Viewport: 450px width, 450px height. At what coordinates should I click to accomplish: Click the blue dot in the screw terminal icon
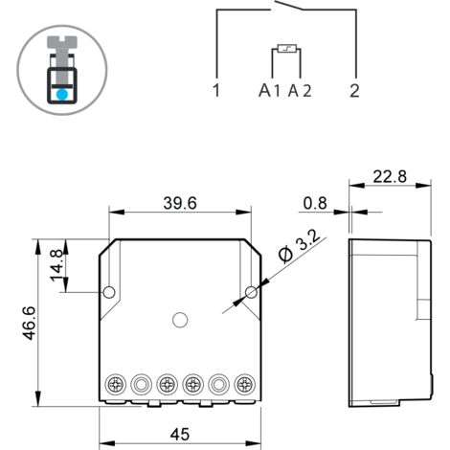pyautogui.click(x=60, y=96)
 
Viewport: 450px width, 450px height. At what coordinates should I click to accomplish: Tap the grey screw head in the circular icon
pyautogui.click(x=60, y=45)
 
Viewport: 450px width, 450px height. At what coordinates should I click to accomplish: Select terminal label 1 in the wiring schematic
pyautogui.click(x=217, y=91)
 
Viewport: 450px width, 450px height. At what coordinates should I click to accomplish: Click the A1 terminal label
pyautogui.click(x=269, y=91)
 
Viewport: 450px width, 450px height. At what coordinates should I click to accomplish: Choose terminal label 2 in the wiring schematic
pyautogui.click(x=354, y=91)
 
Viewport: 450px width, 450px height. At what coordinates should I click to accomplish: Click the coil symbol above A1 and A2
pyautogui.click(x=286, y=49)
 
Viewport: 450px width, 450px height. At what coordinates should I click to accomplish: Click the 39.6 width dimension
pyautogui.click(x=180, y=203)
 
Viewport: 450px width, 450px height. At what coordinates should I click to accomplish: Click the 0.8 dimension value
pyautogui.click(x=313, y=203)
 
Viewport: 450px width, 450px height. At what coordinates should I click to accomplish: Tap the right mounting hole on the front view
pyautogui.click(x=252, y=291)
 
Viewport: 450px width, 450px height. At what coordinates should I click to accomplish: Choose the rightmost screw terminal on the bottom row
pyautogui.click(x=241, y=385)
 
